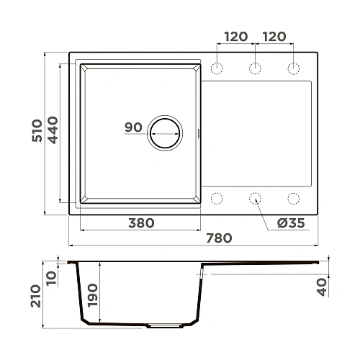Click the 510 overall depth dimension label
[37, 130]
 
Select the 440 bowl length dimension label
[53, 130]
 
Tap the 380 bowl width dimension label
[141, 223]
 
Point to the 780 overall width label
[219, 238]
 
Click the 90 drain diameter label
[133, 127]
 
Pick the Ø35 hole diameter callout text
[291, 223]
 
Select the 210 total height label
[36, 296]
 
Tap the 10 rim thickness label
[52, 278]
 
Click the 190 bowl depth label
[93, 295]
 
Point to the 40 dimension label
[322, 287]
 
